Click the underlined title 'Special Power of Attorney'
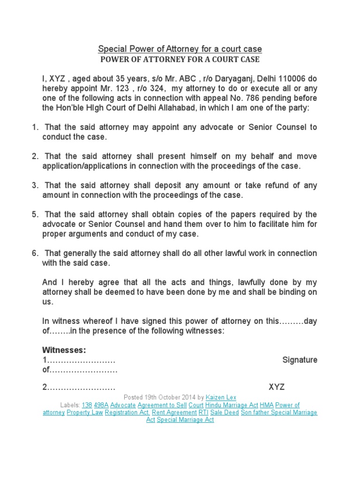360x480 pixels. (180, 49)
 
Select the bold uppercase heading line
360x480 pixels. (180, 60)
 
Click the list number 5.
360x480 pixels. (35, 214)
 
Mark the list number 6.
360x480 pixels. (35, 253)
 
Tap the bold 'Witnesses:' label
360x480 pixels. (64, 350)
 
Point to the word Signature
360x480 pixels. (300, 360)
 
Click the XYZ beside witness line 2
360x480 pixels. (277, 387)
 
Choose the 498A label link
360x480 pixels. (101, 405)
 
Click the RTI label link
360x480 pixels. (203, 412)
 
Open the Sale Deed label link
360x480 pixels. (224, 412)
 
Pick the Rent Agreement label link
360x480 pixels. (175, 412)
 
